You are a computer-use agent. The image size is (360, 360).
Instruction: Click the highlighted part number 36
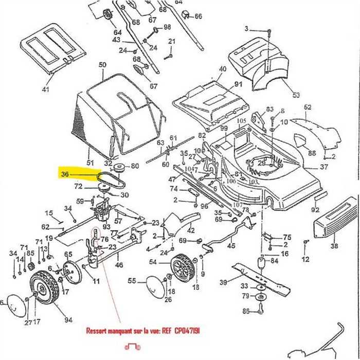click(x=65, y=174)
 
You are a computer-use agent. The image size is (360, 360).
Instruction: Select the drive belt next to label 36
click(x=110, y=180)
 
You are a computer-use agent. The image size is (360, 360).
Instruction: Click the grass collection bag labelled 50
click(x=118, y=118)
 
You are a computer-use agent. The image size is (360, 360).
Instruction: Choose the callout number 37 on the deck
click(x=323, y=167)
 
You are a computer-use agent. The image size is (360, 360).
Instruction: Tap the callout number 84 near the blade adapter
click(x=273, y=261)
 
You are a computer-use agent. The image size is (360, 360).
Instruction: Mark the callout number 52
click(x=308, y=107)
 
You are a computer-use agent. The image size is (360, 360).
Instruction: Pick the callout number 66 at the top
click(x=199, y=16)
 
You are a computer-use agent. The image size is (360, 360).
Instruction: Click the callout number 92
click(x=315, y=210)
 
